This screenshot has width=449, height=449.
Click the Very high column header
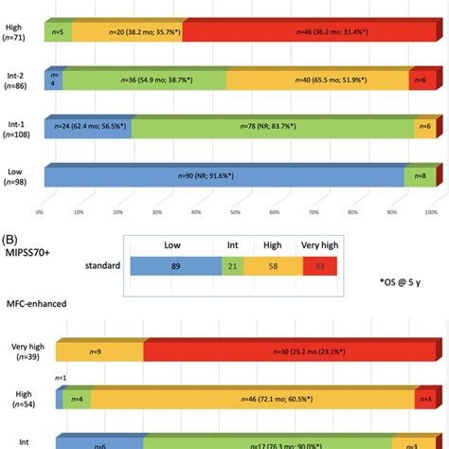319,243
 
